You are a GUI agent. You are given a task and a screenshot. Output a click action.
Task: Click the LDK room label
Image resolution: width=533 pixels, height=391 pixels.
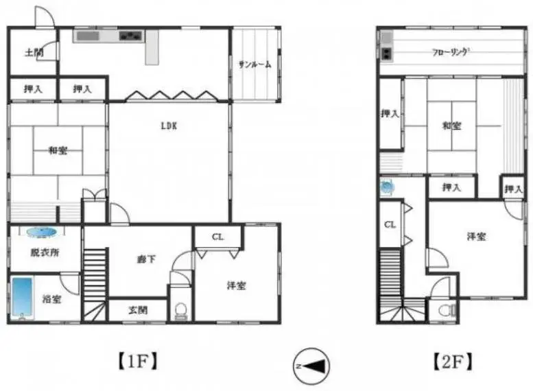point(169,126)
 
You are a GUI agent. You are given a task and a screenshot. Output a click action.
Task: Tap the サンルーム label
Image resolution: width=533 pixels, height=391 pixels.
point(255,64)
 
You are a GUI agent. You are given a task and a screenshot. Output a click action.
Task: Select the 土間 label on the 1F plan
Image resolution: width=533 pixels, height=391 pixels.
point(34,53)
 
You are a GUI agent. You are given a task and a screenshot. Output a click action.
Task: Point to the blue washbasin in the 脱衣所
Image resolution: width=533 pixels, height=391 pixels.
point(41,232)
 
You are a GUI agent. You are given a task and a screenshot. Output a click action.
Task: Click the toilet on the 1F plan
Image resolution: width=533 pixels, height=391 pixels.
point(180,311)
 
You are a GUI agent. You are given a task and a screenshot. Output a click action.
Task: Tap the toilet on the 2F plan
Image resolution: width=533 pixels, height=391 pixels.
point(447,311)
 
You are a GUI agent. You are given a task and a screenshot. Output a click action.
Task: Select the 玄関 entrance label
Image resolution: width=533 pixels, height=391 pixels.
point(138,310)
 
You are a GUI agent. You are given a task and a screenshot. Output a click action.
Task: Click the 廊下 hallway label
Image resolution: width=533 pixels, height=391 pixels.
point(147,259)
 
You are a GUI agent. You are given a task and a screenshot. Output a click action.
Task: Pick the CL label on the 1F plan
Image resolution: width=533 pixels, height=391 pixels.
point(217,237)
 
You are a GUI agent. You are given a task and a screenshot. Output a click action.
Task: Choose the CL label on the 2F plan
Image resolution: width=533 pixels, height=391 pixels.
point(390,224)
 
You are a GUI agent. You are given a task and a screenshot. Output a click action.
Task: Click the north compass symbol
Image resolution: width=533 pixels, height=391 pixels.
point(311,366)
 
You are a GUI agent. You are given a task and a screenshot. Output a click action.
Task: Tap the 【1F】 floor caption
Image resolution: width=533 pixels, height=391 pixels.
point(138,362)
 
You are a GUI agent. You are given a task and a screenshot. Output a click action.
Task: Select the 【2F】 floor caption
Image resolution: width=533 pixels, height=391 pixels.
point(453,362)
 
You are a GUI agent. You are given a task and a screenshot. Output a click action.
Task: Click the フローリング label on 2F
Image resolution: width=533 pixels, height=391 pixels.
point(451,52)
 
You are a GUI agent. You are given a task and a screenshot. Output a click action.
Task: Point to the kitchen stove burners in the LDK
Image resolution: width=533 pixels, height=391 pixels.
point(130,36)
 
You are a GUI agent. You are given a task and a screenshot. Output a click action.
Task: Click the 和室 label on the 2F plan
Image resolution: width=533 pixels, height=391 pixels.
point(451,126)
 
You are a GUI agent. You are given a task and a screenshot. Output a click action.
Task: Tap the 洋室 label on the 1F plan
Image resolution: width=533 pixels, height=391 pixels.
point(237,285)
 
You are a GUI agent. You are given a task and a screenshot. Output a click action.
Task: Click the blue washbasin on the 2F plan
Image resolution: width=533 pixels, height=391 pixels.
point(387,187)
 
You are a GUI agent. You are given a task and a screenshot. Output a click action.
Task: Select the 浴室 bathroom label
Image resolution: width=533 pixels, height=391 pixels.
point(51,299)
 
